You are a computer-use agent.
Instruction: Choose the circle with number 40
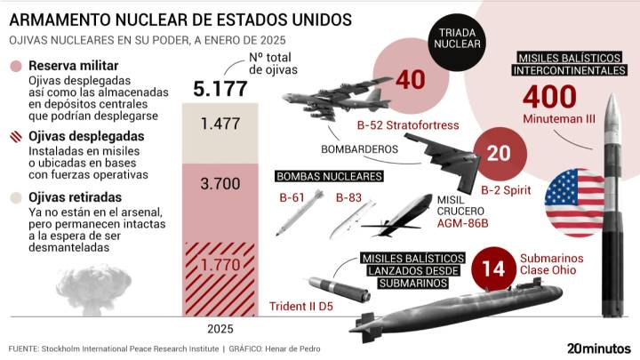tap(410, 80)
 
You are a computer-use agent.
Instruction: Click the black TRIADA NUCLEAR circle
tap(454, 38)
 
